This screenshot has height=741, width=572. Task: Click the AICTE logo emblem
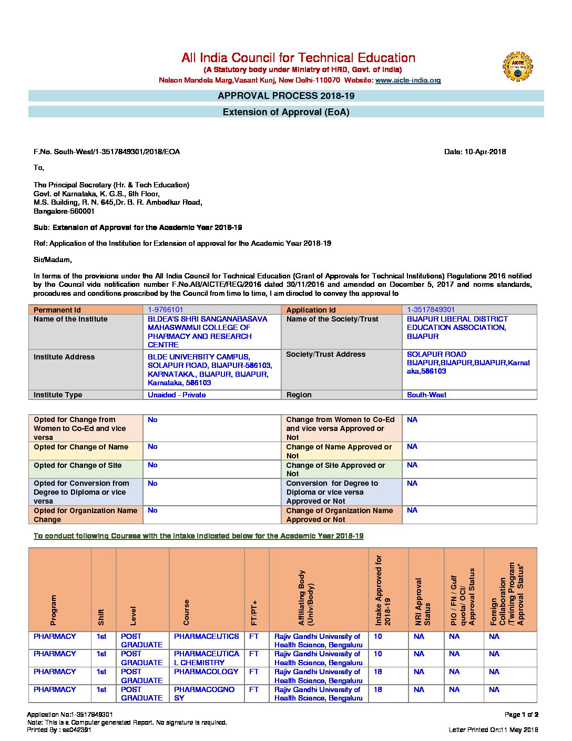coord(517,66)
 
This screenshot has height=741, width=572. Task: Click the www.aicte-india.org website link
coord(408,81)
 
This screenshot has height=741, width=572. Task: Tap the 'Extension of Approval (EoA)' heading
coord(286,112)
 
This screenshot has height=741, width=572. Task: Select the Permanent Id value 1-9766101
coord(166,310)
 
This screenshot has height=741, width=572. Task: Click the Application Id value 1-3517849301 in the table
coord(431,310)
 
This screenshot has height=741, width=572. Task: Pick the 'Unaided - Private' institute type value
coord(177,395)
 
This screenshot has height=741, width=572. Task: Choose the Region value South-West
coord(426,395)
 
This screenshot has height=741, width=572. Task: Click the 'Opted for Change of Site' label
coord(77,465)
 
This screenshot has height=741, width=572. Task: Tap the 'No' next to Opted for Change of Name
coord(152,447)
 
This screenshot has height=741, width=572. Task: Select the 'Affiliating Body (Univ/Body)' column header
coord(306,598)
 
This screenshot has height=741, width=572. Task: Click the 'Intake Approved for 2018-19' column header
coord(383,590)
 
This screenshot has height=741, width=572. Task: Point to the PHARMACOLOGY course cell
coord(206,672)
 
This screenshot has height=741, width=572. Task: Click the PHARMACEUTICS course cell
coord(206,637)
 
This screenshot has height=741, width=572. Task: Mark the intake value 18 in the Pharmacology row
coord(377,672)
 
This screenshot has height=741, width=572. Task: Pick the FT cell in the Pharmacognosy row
coord(254,689)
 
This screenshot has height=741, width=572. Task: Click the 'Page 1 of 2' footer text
coord(521,715)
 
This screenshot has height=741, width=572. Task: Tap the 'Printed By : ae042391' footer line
coord(59,730)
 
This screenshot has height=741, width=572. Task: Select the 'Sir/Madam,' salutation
coord(53,259)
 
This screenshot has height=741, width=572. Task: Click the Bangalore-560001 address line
coord(64,211)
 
